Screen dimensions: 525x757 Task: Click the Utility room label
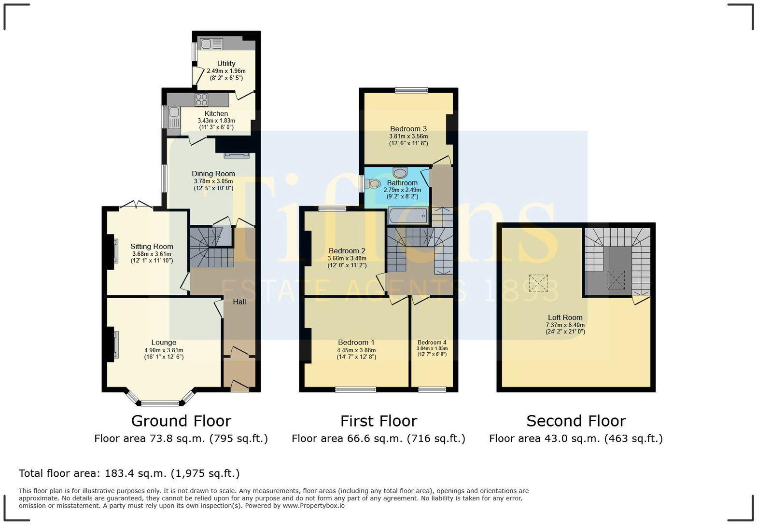226,63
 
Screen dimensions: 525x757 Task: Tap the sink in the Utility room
211,44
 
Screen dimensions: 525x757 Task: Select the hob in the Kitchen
201,100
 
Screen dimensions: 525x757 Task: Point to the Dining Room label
213,174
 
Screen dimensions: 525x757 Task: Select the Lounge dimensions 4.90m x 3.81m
164,350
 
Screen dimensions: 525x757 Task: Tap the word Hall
239,302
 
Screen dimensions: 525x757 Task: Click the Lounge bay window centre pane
160,403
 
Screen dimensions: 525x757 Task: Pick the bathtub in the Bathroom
408,216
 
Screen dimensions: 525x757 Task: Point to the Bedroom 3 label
408,129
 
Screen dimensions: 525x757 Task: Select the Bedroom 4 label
432,342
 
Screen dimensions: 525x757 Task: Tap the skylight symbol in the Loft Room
538,283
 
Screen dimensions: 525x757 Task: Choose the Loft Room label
565,318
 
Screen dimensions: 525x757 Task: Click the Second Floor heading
576,421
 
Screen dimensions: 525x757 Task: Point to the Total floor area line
129,473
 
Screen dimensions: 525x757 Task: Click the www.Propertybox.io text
313,506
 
